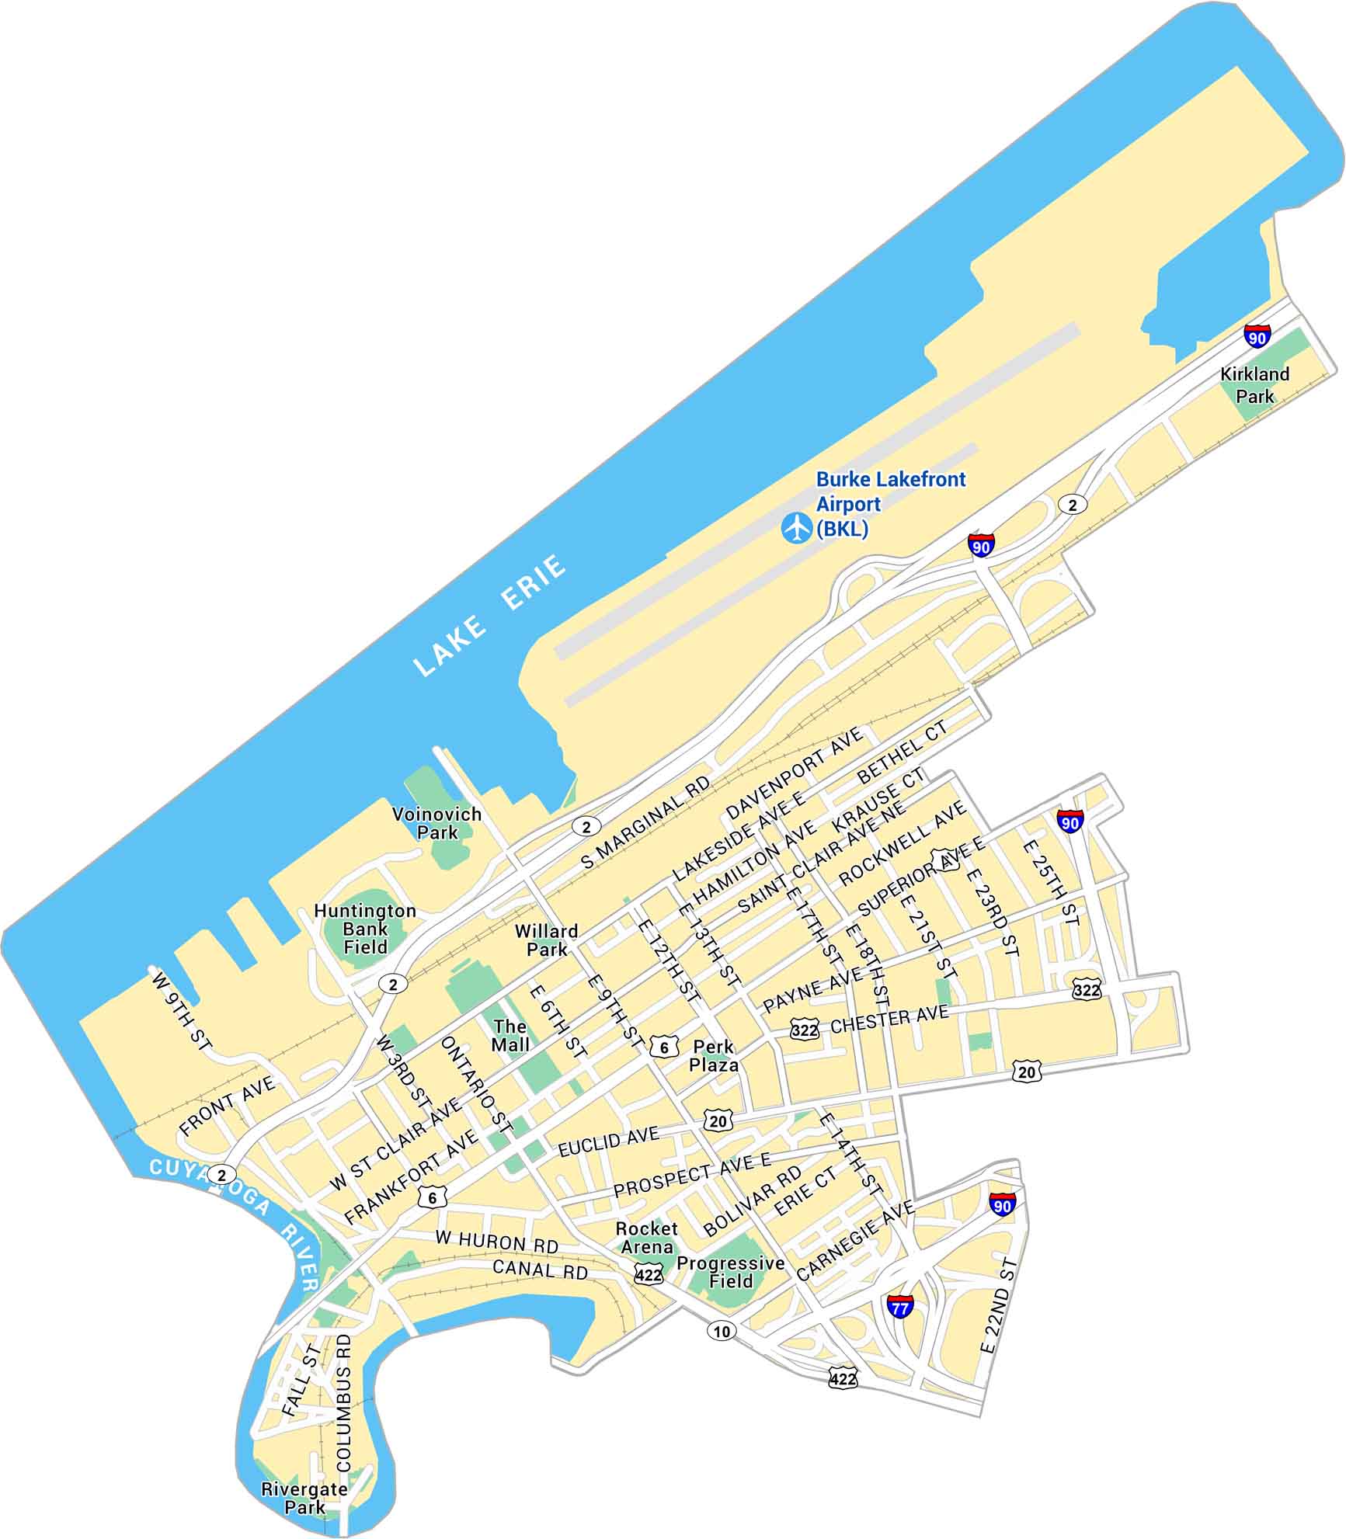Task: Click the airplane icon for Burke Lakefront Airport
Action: pyautogui.click(x=796, y=527)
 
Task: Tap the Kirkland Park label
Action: pyautogui.click(x=1254, y=384)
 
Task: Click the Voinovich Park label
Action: pyautogui.click(x=436, y=823)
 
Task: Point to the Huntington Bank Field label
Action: pyautogui.click(x=365, y=929)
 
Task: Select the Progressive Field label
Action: pyautogui.click(x=730, y=1272)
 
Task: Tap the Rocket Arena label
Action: pyautogui.click(x=646, y=1238)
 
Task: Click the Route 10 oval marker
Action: pyautogui.click(x=722, y=1332)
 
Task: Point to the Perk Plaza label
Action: pyautogui.click(x=713, y=1056)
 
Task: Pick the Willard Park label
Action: pyautogui.click(x=547, y=940)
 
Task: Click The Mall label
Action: pyautogui.click(x=510, y=1036)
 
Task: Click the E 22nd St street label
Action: pyautogui.click(x=999, y=1307)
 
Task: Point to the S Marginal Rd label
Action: pyautogui.click(x=645, y=822)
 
